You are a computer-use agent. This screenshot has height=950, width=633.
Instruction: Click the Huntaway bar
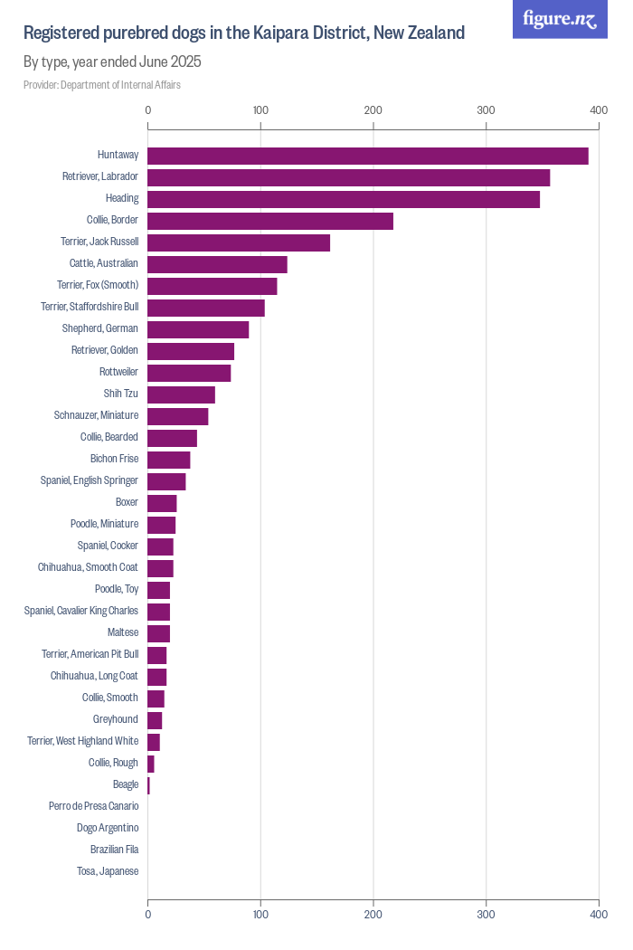[x=367, y=156]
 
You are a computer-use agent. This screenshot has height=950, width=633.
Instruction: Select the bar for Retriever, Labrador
[x=348, y=177]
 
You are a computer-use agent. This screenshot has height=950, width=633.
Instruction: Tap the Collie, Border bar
[x=270, y=221]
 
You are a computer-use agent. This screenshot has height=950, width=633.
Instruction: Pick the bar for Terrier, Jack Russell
[x=239, y=242]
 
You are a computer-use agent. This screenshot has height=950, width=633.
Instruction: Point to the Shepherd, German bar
[x=198, y=329]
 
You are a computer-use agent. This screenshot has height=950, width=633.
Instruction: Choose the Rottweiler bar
[x=189, y=373]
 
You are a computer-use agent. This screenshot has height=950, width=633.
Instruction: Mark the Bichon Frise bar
[x=169, y=460]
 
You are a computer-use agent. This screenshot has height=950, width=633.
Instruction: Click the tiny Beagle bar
[x=148, y=785]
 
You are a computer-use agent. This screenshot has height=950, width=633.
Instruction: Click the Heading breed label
[x=122, y=198]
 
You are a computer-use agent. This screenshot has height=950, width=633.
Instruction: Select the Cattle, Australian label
[x=104, y=263]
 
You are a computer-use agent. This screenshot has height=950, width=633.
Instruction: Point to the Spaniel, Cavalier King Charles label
[x=81, y=611]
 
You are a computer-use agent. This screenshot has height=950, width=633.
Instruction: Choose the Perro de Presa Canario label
[x=94, y=806]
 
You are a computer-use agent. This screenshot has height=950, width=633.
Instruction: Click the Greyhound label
[x=116, y=719]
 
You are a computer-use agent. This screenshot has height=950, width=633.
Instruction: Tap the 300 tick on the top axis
[x=486, y=110]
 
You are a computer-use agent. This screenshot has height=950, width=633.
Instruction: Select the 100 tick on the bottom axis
[x=260, y=915]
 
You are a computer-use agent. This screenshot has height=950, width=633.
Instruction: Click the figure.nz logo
[x=560, y=19]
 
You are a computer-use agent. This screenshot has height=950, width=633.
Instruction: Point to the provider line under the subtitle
[x=102, y=85]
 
